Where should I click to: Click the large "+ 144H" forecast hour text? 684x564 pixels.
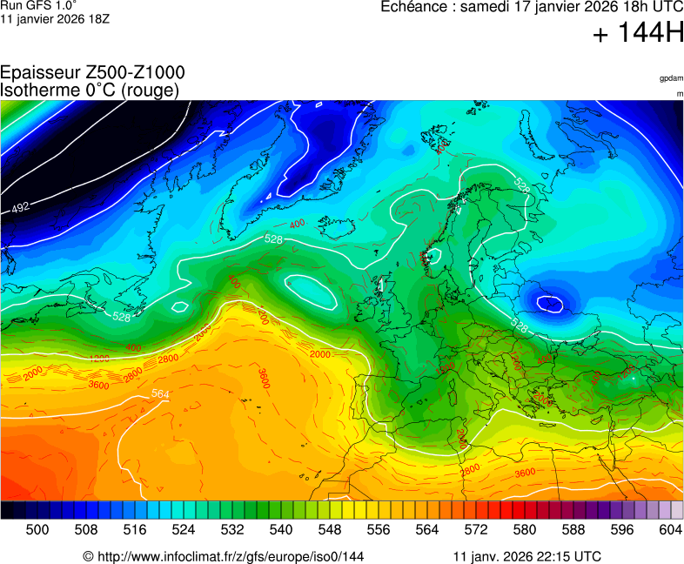coord(638,34)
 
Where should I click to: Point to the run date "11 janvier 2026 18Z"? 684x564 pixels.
coord(55,18)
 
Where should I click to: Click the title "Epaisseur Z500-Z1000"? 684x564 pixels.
coord(92,73)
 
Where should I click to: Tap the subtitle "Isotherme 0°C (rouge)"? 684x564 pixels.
coord(90,90)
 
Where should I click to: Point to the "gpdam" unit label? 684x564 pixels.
coord(671,78)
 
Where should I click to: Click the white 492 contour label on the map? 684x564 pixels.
coord(21,207)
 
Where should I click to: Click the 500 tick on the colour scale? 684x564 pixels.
coord(37,528)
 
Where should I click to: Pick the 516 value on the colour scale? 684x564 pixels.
coord(135,528)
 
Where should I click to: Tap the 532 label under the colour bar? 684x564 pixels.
coord(232,528)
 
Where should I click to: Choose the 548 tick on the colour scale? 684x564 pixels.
coord(330,528)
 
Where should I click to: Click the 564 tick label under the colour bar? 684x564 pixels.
coord(427,528)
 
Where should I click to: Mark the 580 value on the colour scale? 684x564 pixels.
coord(525,528)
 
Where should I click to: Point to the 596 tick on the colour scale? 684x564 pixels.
coord(622,528)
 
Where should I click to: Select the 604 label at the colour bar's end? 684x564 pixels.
coord(670,528)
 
